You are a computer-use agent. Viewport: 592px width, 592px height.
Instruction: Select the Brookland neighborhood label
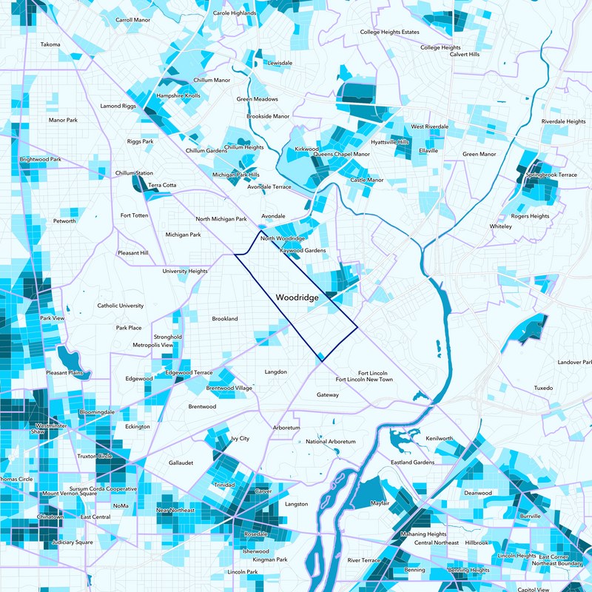point(225,319)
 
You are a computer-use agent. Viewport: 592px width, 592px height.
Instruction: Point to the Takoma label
point(50,44)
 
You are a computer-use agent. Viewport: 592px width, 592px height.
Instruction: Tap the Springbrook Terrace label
point(551,175)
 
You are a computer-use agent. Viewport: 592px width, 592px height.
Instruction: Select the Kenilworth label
point(439,439)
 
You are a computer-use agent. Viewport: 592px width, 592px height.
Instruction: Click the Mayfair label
point(380,504)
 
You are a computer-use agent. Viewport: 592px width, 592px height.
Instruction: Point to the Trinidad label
point(224,485)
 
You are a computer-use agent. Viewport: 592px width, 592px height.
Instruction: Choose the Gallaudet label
point(181,462)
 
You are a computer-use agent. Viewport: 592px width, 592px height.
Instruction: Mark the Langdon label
point(275,372)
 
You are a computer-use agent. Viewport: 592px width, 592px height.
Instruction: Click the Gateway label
point(327,395)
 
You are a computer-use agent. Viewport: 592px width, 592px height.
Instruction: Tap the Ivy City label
point(240,439)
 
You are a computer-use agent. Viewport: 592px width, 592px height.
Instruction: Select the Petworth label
point(64,221)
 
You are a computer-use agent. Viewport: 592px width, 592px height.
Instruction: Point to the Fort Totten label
point(135,215)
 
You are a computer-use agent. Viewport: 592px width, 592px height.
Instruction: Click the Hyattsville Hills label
point(389,142)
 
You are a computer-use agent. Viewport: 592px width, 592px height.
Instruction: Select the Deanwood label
point(477,493)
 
